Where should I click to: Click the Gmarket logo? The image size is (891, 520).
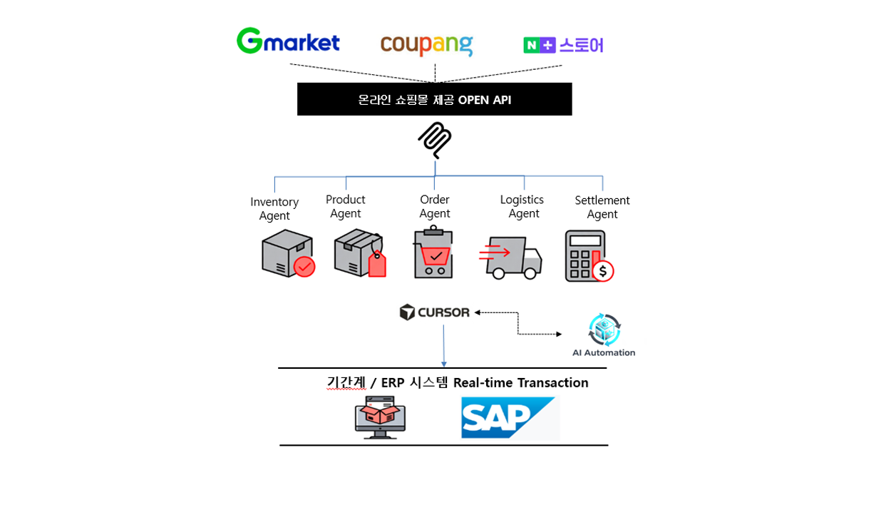point(288,41)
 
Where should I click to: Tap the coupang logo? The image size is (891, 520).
point(426,45)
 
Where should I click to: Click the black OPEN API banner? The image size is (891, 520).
point(434,99)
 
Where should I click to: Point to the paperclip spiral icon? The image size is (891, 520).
point(435,139)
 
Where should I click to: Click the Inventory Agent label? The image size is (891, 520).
point(274,209)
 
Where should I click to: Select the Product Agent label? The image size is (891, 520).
point(346,207)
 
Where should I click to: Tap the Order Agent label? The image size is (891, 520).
point(435,207)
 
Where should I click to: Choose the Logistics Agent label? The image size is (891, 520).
point(522,207)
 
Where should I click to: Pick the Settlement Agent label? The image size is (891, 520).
point(602,208)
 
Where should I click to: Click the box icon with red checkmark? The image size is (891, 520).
point(288,254)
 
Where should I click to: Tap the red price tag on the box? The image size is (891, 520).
point(377,265)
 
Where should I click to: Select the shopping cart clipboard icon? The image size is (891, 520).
point(433,253)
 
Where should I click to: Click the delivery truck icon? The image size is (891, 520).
point(511,258)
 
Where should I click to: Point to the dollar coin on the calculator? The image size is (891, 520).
point(604,271)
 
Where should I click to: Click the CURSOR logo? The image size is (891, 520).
point(435,312)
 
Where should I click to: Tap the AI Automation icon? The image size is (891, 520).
point(604,330)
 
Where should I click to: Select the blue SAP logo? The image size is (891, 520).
point(509,417)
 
